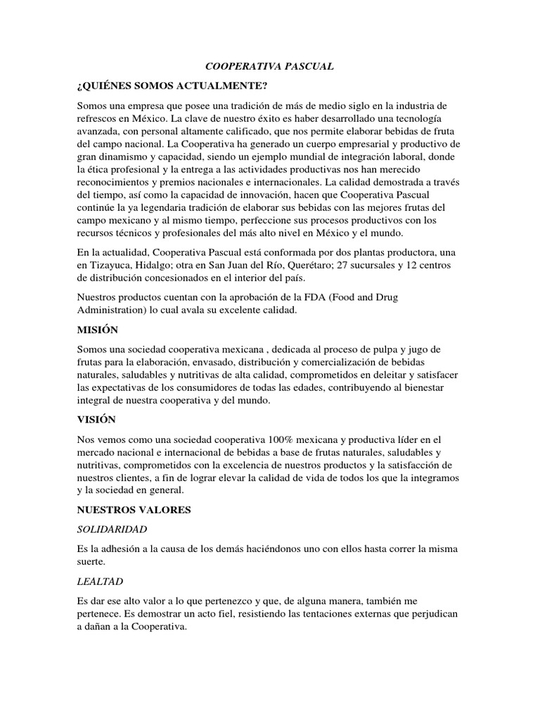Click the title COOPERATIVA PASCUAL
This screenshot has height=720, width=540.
[x=269, y=66]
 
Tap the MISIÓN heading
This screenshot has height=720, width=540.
[x=98, y=330]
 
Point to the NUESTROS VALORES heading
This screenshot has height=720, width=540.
[x=134, y=509]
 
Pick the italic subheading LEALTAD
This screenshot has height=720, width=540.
[x=98, y=583]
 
